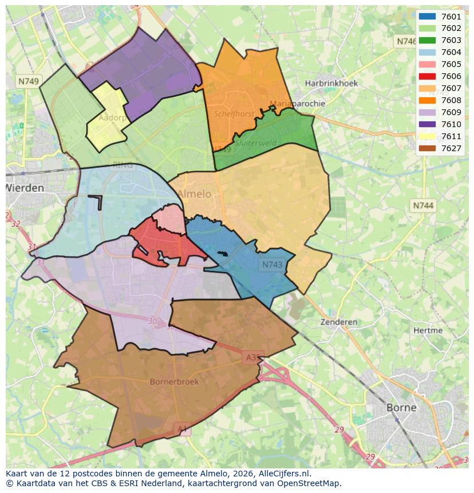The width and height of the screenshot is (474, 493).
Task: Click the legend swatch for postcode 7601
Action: click(x=427, y=17)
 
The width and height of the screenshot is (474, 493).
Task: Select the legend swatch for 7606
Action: click(x=427, y=76)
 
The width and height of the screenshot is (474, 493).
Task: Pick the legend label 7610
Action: click(x=451, y=124)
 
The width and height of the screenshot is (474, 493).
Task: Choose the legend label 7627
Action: click(x=451, y=148)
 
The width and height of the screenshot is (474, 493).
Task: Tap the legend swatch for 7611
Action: click(x=427, y=136)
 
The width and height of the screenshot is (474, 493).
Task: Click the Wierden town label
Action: click(x=25, y=188)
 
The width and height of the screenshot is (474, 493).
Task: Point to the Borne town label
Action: click(x=401, y=408)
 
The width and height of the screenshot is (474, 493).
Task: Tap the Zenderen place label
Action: click(x=339, y=322)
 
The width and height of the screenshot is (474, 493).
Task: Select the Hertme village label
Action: click(x=428, y=330)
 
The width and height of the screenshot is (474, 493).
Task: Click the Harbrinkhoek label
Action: click(x=331, y=83)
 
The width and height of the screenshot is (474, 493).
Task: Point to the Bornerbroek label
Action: click(x=174, y=381)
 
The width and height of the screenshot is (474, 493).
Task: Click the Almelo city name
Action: click(x=194, y=194)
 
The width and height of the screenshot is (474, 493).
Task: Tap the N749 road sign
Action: click(x=28, y=81)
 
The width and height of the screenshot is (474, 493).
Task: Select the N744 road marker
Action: click(x=423, y=205)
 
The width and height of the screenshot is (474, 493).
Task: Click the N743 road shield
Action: click(x=272, y=265)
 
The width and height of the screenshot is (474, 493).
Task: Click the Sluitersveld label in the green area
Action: click(x=255, y=143)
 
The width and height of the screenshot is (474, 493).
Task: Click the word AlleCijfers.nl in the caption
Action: click(x=284, y=474)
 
